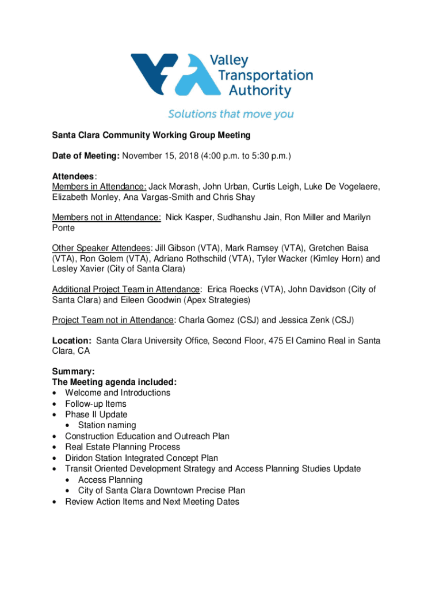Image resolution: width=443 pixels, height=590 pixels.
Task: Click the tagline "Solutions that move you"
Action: [231, 114]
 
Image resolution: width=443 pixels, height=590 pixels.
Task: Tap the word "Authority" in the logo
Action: [260, 90]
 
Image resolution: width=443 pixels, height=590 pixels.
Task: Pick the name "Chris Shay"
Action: [233, 197]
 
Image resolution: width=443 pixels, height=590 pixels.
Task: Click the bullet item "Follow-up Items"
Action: [96, 404]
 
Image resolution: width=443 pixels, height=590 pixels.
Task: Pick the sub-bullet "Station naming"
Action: [107, 425]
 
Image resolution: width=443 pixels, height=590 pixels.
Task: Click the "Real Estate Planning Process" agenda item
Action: [123, 447]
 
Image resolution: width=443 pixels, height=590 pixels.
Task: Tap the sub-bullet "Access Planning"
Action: [110, 480]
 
